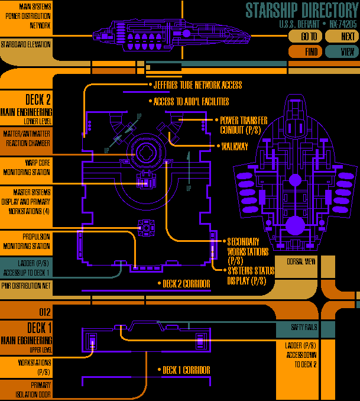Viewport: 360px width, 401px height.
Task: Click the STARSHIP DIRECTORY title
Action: point(301,11)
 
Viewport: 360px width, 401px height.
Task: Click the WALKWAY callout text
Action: point(234,145)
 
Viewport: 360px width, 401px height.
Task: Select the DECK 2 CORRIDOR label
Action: point(186,284)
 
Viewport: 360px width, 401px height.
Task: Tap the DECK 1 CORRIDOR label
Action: point(186,370)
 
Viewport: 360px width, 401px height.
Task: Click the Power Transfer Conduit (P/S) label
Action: point(244,125)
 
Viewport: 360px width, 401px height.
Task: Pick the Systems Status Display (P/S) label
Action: point(247,276)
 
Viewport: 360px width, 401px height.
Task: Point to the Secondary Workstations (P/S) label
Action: point(248,251)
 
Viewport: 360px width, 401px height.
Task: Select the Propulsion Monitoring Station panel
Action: point(25,241)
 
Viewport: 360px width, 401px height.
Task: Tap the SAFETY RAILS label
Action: point(305,327)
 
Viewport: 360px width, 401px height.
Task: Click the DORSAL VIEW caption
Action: point(301,261)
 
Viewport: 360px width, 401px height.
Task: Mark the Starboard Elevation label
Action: point(25,44)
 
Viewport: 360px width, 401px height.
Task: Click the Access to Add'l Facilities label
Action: point(191,101)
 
